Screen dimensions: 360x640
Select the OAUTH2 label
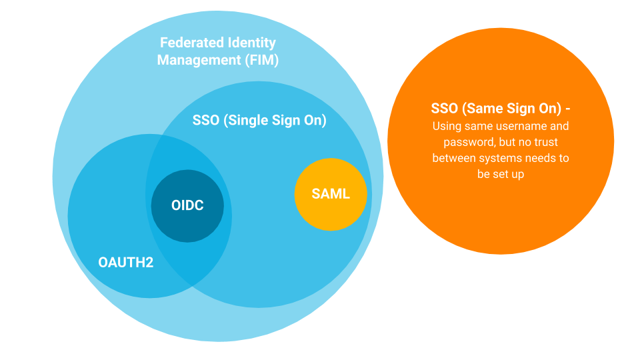coord(126,263)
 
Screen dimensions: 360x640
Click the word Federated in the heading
coord(189,43)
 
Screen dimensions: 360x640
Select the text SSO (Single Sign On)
coord(259,121)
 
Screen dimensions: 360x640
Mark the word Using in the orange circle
coord(446,126)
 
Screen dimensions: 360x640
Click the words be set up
coord(501,174)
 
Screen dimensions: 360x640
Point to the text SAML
coord(331,195)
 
